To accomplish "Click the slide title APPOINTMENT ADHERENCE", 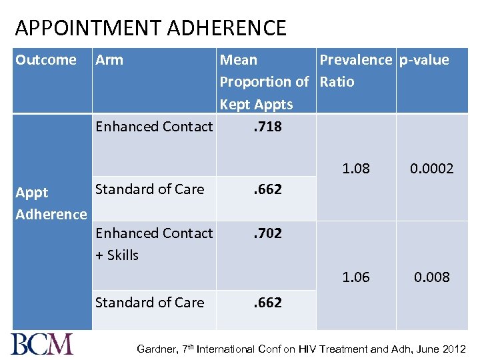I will click(x=151, y=28).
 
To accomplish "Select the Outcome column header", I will click(x=46, y=60).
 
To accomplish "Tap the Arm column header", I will click(x=109, y=60).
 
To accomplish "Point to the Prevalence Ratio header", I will click(x=355, y=71).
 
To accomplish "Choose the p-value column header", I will click(x=424, y=60).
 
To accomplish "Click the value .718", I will click(x=267, y=127).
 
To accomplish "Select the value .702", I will click(x=267, y=233).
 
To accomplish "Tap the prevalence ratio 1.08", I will click(x=355, y=168).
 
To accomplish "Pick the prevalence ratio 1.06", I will click(x=355, y=277).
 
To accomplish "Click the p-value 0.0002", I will click(x=431, y=169).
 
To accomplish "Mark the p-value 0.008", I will click(x=431, y=277).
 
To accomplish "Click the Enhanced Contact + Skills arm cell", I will click(x=153, y=244).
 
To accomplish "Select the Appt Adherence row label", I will click(x=51, y=203).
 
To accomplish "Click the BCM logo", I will click(x=42, y=344).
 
